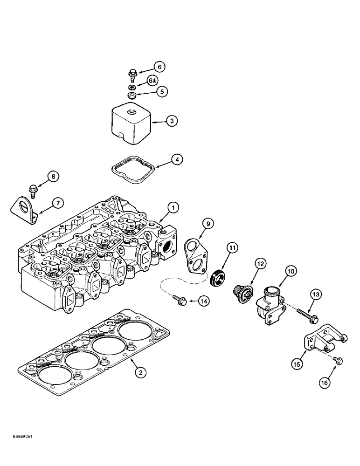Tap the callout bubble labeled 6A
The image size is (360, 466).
click(152, 80)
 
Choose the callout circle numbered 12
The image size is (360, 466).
click(261, 264)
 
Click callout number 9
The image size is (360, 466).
click(208, 224)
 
